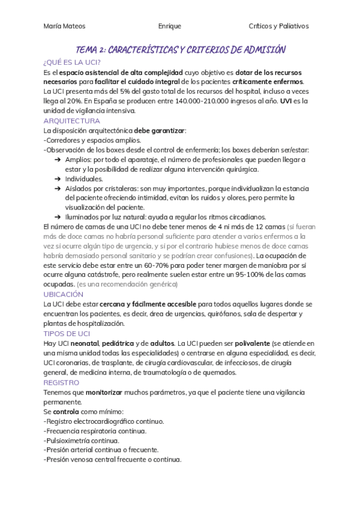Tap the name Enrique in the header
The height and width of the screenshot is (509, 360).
pos(170,26)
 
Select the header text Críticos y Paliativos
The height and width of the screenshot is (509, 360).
pos(278,26)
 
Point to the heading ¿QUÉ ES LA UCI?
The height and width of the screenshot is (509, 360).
pos(72,62)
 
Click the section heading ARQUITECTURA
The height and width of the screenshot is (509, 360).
pos(72,121)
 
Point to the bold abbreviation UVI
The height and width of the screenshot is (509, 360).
pos(287,101)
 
